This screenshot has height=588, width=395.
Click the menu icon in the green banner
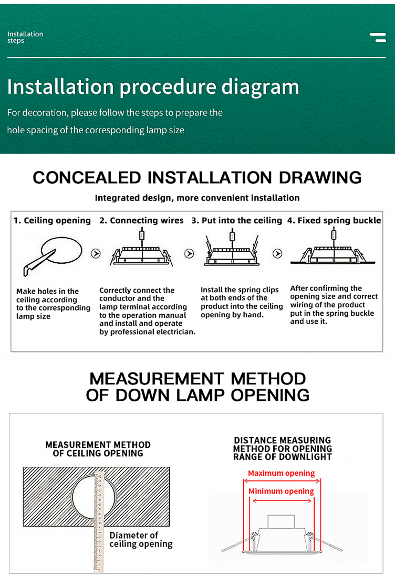(378, 37)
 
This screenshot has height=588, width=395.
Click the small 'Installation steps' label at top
(25, 37)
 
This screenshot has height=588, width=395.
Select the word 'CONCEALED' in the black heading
(87, 177)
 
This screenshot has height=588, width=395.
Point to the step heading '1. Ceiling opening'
(52, 220)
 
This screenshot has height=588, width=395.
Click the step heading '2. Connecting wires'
(141, 220)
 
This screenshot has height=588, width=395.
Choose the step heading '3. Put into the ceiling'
(236, 220)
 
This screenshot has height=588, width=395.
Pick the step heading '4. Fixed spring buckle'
(334, 220)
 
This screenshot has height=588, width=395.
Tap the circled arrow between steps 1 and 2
(96, 254)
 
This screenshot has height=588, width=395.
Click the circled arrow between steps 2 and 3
(189, 254)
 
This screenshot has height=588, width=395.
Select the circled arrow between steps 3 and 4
(277, 254)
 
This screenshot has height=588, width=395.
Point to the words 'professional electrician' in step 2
(147, 332)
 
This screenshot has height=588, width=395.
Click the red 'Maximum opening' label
(282, 473)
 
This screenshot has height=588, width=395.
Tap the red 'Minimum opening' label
(281, 491)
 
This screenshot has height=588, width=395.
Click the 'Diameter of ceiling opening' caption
(141, 540)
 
